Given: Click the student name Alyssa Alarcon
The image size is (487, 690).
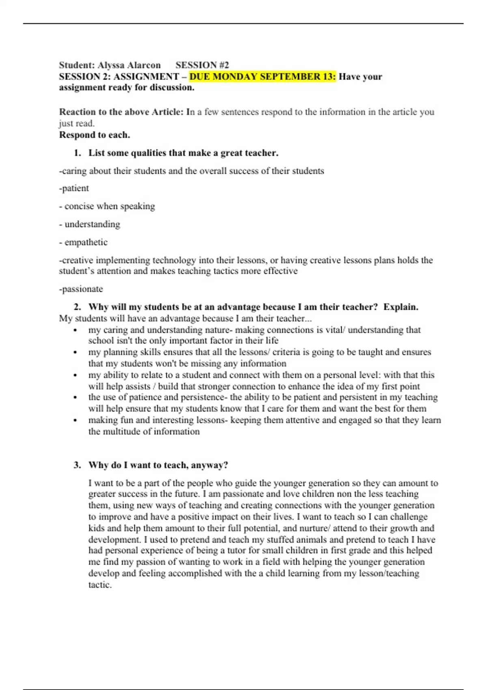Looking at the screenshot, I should coord(129,65).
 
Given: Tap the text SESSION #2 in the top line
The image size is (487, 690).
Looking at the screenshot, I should coord(202,65).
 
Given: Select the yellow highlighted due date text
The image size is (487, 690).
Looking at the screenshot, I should coord(263,76).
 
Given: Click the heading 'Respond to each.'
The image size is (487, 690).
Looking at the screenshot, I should coord(95,135).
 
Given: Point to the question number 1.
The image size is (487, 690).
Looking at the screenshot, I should coord(77,153).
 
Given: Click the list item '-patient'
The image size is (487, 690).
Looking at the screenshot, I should coord(74,188).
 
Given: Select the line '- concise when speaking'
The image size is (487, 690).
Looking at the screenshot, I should coord(107,206).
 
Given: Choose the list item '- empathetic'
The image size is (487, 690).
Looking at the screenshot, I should coord(83,242).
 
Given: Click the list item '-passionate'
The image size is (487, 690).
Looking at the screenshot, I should coord(81,289).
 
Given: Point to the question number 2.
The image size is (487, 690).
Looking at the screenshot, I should coord(77,307).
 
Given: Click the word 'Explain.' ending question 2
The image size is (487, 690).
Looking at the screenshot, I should coord(401,307).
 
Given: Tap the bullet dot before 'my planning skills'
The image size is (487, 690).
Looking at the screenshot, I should coord(75,352).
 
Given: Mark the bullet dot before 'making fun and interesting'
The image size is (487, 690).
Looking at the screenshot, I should coord(75,420).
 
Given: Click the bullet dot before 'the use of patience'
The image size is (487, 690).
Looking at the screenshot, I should coord(75,398).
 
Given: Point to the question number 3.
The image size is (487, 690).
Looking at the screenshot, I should coord(77,465).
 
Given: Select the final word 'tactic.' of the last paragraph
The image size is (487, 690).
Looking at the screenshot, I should coord(100,585).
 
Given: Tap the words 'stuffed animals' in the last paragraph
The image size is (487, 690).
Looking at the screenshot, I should coord(296,539).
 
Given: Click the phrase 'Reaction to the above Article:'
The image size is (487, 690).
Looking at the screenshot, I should coord(121,112).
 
